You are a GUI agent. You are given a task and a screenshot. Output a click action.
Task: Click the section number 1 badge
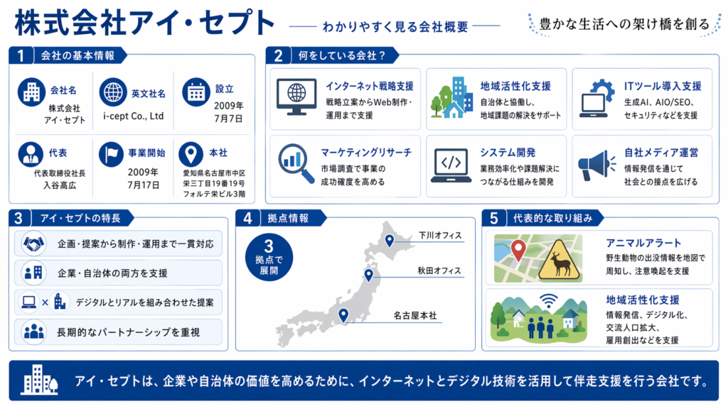tap(21, 55)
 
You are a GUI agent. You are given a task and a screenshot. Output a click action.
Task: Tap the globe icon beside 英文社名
tap(113, 92)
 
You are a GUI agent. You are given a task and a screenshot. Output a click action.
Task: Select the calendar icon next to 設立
tap(196, 92)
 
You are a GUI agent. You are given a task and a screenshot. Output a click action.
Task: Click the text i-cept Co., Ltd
tap(133, 116)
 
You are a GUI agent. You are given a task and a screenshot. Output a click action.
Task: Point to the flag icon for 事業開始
tap(111, 154)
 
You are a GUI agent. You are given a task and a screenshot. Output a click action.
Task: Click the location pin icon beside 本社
tap(191, 154)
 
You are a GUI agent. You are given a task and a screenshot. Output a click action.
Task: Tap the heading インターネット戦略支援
tap(370, 86)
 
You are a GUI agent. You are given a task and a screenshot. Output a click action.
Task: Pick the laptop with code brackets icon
tap(451, 165)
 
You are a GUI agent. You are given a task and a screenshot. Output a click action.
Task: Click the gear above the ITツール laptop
tap(602, 89)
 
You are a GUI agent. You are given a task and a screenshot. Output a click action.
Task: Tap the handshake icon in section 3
tap(34, 244)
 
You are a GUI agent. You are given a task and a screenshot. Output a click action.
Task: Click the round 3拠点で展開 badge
tap(269, 257)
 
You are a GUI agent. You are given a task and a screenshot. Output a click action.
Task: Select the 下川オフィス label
tap(440, 236)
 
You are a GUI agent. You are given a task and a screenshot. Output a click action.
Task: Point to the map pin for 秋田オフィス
tap(369, 276)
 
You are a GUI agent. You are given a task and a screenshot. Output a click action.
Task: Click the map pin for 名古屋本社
tap(343, 315)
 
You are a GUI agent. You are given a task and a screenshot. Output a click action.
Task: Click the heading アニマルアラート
tap(643, 243)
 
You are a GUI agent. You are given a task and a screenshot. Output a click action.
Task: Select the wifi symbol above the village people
tap(549, 300)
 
